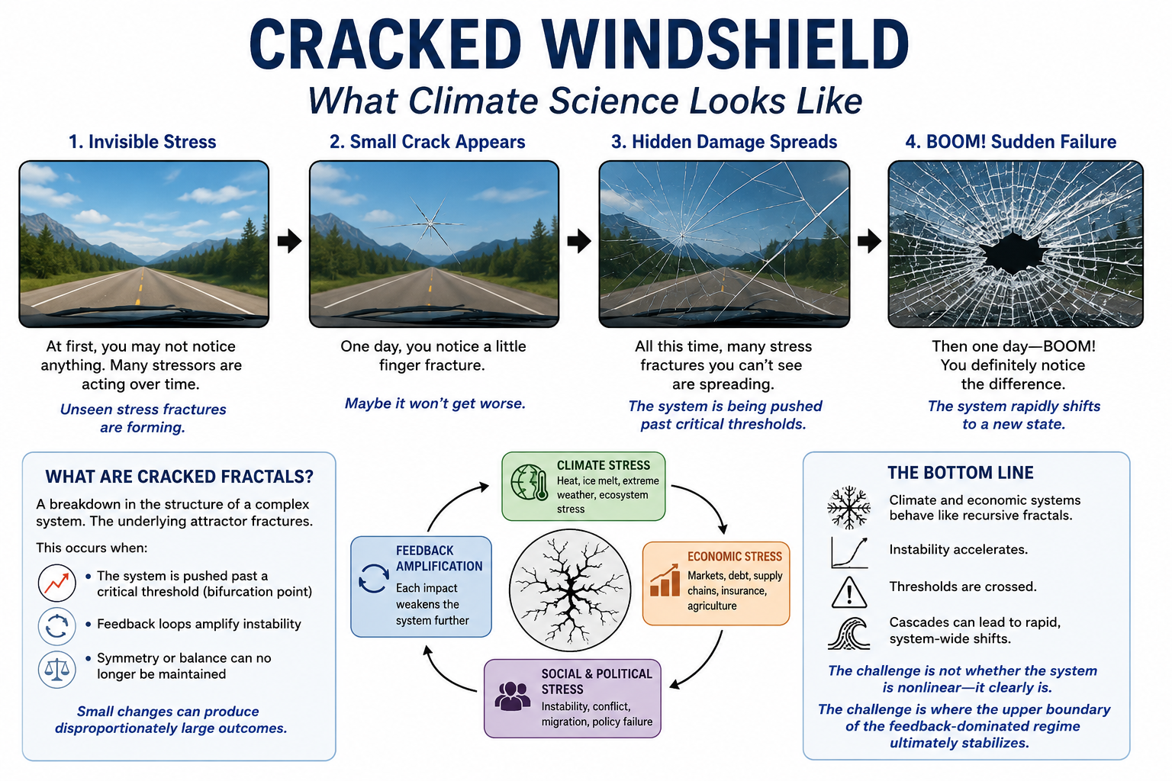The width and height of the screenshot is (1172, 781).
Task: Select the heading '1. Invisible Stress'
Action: point(143,142)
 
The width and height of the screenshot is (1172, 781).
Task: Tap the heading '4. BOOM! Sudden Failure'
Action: point(1011,142)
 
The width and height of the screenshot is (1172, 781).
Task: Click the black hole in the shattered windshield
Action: point(1013,253)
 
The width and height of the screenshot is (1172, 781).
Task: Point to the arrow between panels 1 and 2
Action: point(289,240)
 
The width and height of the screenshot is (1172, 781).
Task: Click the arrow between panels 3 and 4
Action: point(869,240)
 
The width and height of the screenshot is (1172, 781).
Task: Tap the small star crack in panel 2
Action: point(430,224)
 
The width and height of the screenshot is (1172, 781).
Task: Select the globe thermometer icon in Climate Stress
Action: point(530,482)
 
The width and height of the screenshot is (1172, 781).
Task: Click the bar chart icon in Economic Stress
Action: point(665,580)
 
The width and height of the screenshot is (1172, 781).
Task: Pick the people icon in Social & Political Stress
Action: point(512,696)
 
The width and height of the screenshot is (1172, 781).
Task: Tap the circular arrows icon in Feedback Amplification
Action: point(374,579)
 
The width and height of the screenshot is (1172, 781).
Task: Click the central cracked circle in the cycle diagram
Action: point(570,590)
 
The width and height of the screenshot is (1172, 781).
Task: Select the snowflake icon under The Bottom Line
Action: point(848,507)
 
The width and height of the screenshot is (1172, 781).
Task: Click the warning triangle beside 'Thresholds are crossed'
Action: point(848,592)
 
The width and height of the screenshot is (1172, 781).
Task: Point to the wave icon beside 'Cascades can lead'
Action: point(848,634)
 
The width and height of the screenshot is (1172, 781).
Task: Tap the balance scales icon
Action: point(57,670)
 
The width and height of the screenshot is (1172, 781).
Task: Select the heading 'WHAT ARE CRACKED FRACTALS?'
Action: point(179,477)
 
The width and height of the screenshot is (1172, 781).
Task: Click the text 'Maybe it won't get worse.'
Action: point(435,403)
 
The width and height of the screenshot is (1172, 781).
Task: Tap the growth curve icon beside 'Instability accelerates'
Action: point(849,552)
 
